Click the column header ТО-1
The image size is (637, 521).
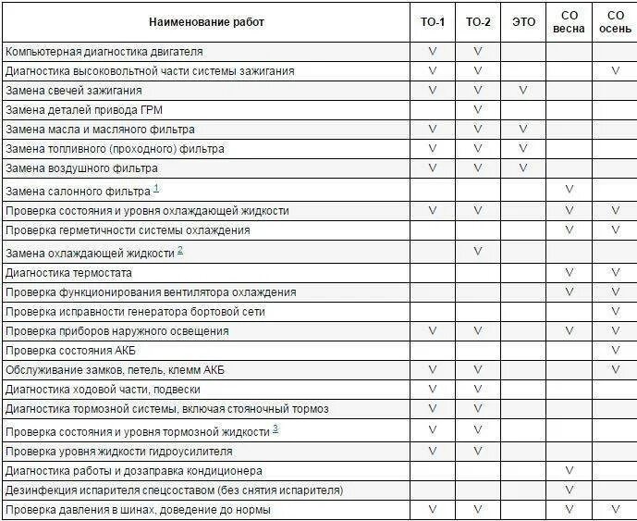(432, 22)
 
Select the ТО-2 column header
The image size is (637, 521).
(478, 22)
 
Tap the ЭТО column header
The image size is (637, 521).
(523, 22)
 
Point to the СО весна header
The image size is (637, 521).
(569, 22)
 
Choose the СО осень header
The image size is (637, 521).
(615, 22)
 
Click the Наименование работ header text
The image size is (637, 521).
(206, 22)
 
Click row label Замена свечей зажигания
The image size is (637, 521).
(74, 91)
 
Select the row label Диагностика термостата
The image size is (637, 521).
(68, 273)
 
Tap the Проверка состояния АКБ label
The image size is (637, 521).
(70, 351)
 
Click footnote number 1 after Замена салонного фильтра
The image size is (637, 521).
(156, 189)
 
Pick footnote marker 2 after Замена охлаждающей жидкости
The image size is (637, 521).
(180, 250)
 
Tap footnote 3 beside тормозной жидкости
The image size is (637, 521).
(276, 429)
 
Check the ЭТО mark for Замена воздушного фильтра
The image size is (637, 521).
(523, 168)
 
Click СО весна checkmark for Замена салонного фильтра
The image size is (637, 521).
(569, 190)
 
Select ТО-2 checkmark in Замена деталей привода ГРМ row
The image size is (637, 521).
(478, 110)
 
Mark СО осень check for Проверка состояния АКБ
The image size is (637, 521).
(615, 351)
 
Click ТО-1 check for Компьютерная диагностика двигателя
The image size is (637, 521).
(432, 52)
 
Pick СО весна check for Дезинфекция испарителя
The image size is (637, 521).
(569, 490)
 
